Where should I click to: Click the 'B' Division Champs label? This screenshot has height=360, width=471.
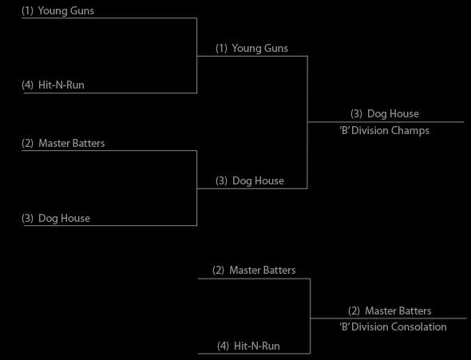[x=384, y=131]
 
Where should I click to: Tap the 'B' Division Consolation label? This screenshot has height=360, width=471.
[x=393, y=326]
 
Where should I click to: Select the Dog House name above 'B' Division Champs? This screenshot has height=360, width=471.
[x=385, y=114]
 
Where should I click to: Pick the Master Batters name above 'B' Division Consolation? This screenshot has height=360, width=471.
[x=390, y=311]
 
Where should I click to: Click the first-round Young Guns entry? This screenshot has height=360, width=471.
[x=57, y=11]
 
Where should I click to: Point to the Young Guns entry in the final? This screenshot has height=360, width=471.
[x=251, y=49]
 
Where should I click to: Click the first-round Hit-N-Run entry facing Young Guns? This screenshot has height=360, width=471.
[x=53, y=85]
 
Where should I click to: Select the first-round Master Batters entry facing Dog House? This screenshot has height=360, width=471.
[x=63, y=143]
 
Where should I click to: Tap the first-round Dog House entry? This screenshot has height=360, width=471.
[x=56, y=218]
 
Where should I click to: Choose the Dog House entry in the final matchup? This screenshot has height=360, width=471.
[x=250, y=180]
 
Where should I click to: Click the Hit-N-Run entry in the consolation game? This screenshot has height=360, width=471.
[x=248, y=346]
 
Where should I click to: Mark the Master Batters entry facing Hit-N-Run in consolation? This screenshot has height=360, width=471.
[x=254, y=271]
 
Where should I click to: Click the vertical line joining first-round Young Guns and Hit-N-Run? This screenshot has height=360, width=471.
[x=196, y=56]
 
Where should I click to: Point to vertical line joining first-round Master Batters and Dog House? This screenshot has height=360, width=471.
[x=196, y=188]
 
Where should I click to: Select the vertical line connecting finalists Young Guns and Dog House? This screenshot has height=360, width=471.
[x=307, y=122]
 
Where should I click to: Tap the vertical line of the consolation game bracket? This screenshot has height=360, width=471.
[x=310, y=316]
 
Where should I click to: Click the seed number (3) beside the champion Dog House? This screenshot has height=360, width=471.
[x=356, y=114]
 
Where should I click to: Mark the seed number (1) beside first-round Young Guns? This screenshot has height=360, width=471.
[x=27, y=11]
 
